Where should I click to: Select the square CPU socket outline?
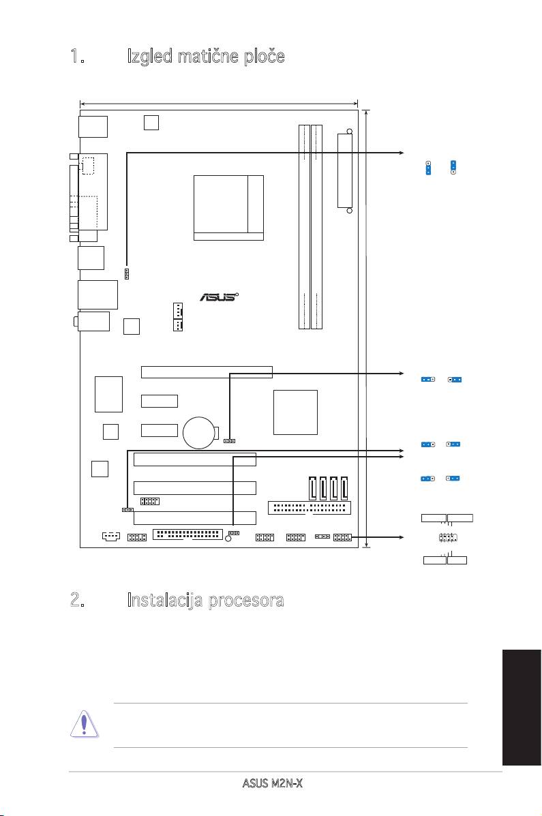point(228,207)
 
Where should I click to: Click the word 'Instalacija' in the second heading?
point(179,601)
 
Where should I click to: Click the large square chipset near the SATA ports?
point(295,412)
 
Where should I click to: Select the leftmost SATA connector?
point(313,488)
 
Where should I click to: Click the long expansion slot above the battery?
point(207,372)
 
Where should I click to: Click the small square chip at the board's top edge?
point(152,122)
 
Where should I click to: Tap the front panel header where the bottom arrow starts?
point(342,537)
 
